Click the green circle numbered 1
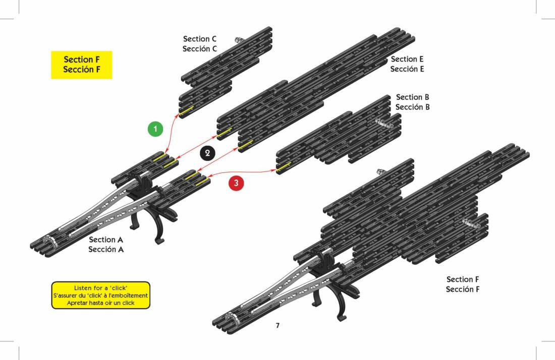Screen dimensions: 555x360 (155, 129)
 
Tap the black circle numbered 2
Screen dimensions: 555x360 (207, 153)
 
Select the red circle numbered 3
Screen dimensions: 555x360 (236, 183)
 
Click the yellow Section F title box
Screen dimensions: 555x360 (82, 65)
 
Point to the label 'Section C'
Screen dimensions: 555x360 (200, 39)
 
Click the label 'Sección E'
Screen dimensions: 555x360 (407, 69)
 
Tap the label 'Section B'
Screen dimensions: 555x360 (413, 97)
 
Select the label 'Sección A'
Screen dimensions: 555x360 (106, 250)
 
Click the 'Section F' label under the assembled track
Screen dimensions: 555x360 (463, 279)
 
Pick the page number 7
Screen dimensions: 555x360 (277, 325)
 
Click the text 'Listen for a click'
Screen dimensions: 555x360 (100, 288)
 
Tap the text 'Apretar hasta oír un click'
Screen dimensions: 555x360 (100, 303)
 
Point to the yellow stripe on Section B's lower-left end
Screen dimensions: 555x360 (284, 166)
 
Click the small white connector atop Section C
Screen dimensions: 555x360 (238, 40)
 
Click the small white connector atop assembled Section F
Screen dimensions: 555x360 (381, 172)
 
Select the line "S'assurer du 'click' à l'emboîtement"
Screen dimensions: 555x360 (100, 295)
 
